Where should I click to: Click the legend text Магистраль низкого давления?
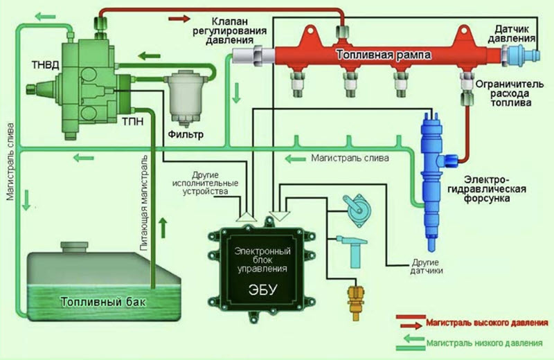pos(488,342)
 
